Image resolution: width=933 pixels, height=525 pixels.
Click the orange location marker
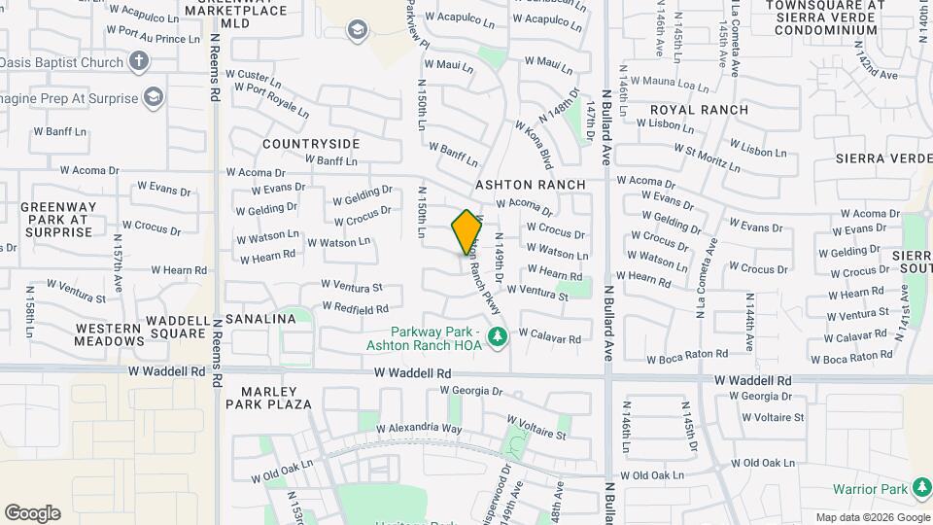point(466,231)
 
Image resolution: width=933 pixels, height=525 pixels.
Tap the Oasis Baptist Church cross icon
point(139,62)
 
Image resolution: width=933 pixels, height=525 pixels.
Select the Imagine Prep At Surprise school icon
point(153,96)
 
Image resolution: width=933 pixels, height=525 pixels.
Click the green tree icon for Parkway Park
point(498,337)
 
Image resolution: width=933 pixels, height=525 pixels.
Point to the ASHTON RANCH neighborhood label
point(531,185)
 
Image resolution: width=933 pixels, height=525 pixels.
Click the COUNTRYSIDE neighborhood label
point(311,144)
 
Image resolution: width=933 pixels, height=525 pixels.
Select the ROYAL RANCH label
point(699,110)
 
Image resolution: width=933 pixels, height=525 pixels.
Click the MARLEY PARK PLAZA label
point(269,403)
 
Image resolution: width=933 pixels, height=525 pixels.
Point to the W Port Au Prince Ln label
point(152,39)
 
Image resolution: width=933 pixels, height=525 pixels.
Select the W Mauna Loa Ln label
point(670,82)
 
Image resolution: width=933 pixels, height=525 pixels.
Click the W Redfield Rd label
point(355,309)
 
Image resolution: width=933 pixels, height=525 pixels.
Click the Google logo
point(32,513)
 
